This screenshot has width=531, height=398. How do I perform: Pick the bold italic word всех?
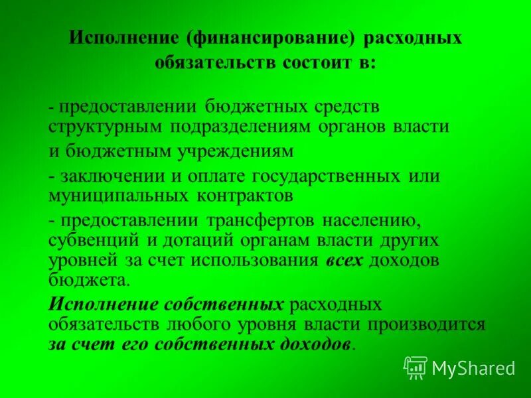(x=344, y=260)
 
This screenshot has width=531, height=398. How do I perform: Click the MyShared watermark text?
(x=473, y=367)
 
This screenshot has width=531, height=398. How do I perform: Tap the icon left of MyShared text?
(x=416, y=367)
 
